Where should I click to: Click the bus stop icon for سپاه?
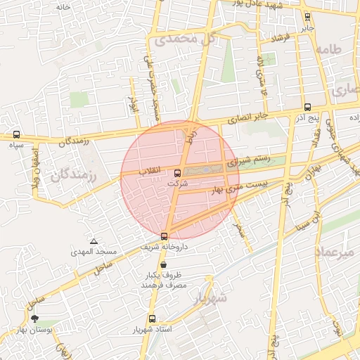coord(16,134)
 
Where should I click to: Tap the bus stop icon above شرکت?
coord(176,172)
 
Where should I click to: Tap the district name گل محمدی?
coord(185,40)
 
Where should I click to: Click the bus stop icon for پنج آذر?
coord(307,107)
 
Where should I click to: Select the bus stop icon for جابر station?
coord(307,17)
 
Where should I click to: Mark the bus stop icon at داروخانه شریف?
coord(164,236)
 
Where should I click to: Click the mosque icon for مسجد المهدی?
coord(94,241)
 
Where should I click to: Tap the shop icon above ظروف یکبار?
coord(164,265)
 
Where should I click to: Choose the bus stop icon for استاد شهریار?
coord(153,319)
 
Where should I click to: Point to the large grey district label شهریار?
coord(209,297)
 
